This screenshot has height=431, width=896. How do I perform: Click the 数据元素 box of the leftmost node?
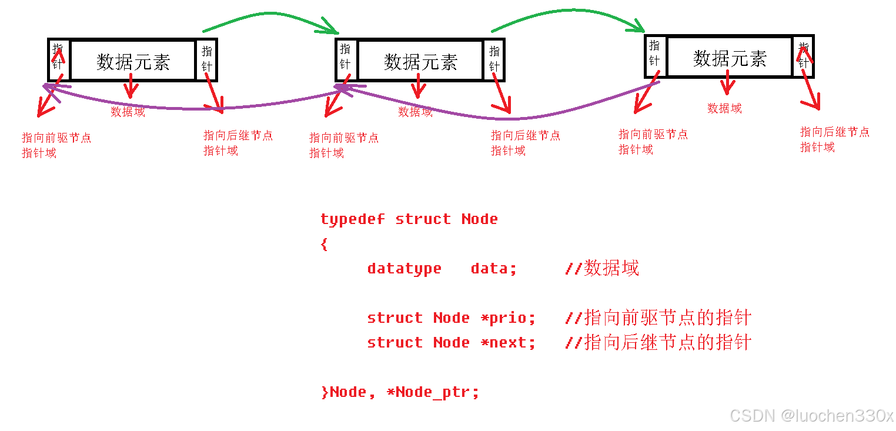pos(133,61)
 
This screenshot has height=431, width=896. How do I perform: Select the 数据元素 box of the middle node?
pos(420,61)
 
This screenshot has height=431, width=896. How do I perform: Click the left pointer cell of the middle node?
pos(346,59)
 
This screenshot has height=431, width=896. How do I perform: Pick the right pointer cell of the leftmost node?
pos(206,59)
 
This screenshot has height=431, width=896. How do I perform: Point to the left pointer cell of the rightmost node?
pos(655,55)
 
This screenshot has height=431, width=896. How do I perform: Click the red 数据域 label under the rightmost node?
pos(724,108)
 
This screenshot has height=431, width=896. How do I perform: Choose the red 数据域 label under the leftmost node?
pos(128,112)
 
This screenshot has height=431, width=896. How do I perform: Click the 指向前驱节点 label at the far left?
pos(56,138)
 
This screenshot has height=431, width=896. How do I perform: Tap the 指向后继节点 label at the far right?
pos(834,132)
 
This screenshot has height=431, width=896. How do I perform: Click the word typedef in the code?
pos(352,219)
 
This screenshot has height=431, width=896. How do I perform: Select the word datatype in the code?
pos(404,269)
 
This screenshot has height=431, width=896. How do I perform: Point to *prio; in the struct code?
pos(508,318)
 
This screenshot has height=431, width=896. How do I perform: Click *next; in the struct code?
pos(508,343)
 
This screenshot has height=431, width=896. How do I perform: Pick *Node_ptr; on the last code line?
pos(433,392)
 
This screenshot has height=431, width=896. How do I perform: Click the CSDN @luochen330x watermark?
pos(811,416)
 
